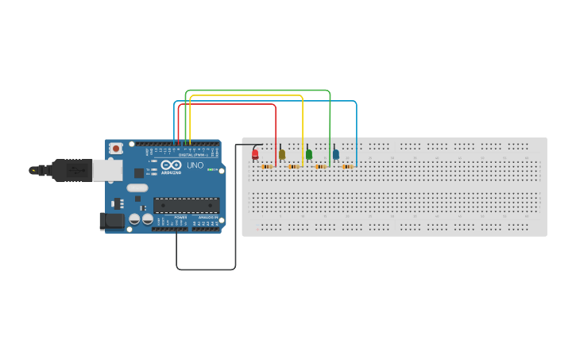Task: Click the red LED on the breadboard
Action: coord(255,153)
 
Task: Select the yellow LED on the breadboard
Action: coord(281,154)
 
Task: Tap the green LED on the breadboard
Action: coord(309,154)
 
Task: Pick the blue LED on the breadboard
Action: coord(336,154)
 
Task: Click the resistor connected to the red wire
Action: coord(267,167)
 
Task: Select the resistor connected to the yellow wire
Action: coord(294,167)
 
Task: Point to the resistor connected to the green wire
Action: coord(321,167)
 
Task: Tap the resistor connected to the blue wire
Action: coord(347,167)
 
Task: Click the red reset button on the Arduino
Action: coord(116,148)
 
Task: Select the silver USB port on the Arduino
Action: coord(106,169)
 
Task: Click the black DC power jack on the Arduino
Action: coord(112,221)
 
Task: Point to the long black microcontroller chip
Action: coord(185,205)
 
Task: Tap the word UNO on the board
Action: coord(195,165)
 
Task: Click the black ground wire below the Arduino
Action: coord(206,269)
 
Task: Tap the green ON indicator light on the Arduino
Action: coord(210,169)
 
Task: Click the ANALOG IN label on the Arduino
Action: coord(207,217)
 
